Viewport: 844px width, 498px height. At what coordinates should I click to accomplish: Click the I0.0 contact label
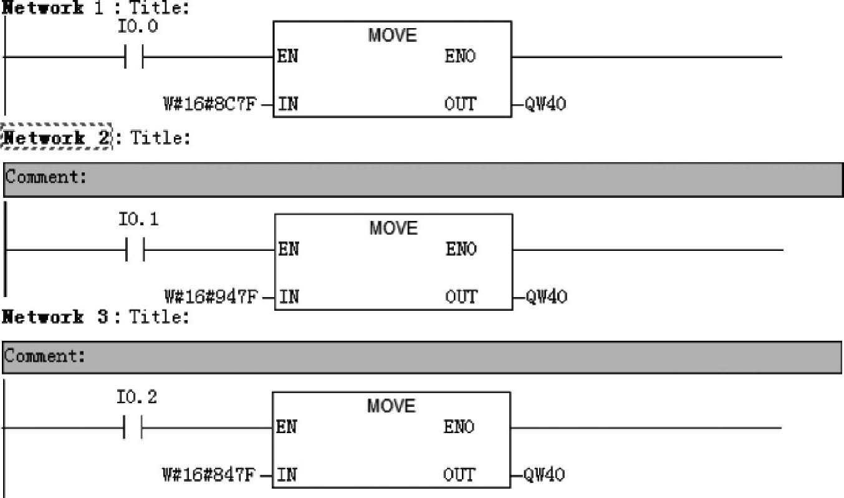click(x=138, y=27)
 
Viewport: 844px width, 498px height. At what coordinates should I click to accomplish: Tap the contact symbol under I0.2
click(x=133, y=428)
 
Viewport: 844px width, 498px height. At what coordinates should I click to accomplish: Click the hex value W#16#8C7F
click(x=210, y=104)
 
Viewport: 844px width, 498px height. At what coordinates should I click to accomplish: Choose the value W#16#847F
click(x=209, y=475)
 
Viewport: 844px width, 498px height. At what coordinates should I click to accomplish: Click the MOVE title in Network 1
click(x=392, y=36)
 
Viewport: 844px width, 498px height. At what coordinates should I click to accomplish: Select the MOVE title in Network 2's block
click(x=393, y=228)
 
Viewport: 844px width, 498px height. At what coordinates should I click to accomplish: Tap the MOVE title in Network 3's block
click(x=391, y=407)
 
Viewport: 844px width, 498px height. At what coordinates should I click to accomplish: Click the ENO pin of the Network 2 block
click(x=461, y=250)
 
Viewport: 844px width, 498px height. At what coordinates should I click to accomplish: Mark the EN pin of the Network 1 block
click(x=287, y=56)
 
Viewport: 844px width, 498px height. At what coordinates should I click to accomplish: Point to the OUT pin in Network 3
click(x=459, y=475)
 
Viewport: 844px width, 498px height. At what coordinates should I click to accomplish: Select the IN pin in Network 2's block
click(x=287, y=296)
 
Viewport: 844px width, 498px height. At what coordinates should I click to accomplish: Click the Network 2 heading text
click(x=56, y=137)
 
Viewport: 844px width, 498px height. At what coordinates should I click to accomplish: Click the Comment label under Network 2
click(x=46, y=177)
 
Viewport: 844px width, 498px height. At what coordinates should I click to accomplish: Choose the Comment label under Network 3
click(x=44, y=356)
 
